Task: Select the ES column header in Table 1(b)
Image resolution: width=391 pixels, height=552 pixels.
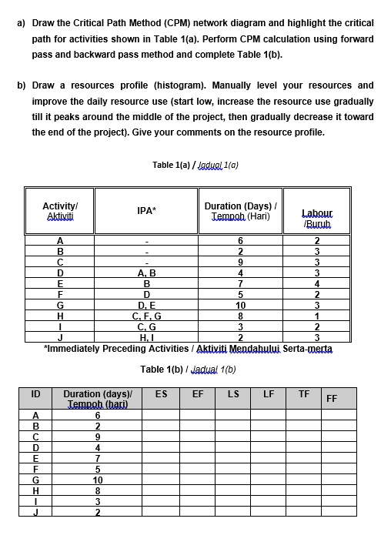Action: (161, 393)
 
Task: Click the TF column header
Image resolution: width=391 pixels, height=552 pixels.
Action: (303, 393)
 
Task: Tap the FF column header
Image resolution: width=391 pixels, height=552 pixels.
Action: (331, 398)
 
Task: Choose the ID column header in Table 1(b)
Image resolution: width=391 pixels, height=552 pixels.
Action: (35, 393)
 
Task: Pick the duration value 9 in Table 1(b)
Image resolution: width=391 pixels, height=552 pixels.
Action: (97, 436)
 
